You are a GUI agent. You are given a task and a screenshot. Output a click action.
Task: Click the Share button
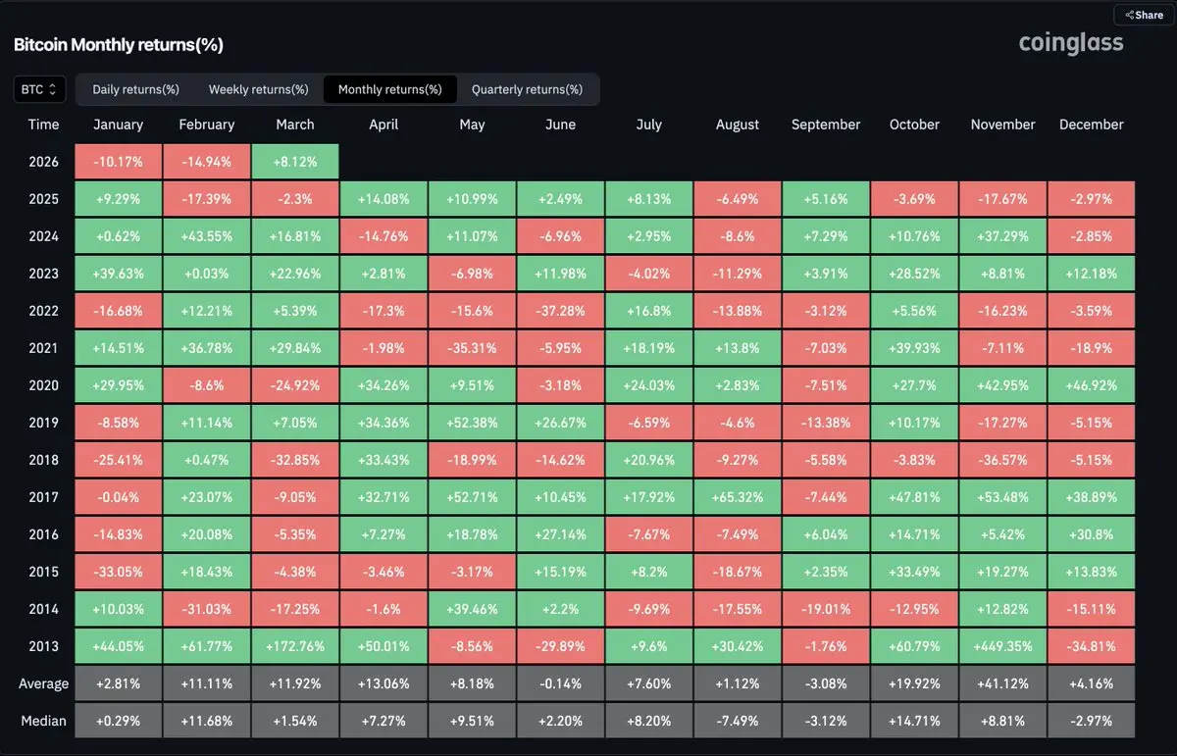click(x=1143, y=15)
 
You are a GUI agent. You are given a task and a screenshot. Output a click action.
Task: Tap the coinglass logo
click(x=1071, y=43)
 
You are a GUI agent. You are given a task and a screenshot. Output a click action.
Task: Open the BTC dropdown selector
click(x=39, y=89)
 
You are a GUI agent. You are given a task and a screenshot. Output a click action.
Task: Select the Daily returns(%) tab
click(x=135, y=89)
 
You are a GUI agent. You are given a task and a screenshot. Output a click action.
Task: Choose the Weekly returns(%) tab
click(x=258, y=89)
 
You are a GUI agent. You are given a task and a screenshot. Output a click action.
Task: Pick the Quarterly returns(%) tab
click(x=527, y=89)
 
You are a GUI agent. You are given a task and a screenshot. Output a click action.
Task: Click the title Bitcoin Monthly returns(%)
click(x=119, y=45)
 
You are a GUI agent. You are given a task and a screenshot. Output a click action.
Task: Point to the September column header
click(x=826, y=125)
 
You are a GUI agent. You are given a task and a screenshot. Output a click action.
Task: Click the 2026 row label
click(x=44, y=162)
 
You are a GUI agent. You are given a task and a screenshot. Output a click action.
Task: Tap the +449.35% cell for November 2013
click(x=1002, y=646)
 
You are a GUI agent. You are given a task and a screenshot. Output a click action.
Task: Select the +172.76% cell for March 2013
click(x=295, y=646)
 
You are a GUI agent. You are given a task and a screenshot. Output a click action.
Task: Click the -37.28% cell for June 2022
click(x=561, y=311)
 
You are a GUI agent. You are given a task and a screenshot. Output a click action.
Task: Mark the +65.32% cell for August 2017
click(x=738, y=497)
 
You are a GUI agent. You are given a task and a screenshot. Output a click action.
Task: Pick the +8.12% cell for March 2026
click(x=295, y=162)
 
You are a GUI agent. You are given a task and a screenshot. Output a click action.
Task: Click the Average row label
click(x=44, y=683)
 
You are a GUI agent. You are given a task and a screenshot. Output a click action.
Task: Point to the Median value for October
click(x=914, y=721)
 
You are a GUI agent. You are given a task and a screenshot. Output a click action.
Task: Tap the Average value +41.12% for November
click(x=1002, y=683)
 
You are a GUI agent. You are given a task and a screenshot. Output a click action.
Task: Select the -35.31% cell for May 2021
click(x=472, y=348)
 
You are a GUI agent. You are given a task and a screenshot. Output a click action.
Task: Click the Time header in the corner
click(x=44, y=125)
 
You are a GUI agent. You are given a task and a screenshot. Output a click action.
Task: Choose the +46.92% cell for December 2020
click(x=1091, y=385)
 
